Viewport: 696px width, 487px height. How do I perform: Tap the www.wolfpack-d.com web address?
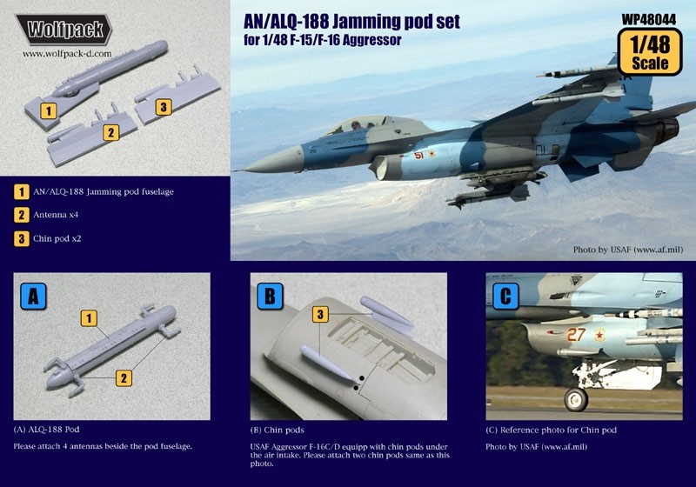click(x=64, y=53)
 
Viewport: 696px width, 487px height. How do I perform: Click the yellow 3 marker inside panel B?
click(x=321, y=313)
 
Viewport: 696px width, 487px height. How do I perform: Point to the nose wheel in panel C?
click(x=574, y=398)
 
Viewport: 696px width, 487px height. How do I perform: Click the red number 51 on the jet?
click(x=418, y=157)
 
